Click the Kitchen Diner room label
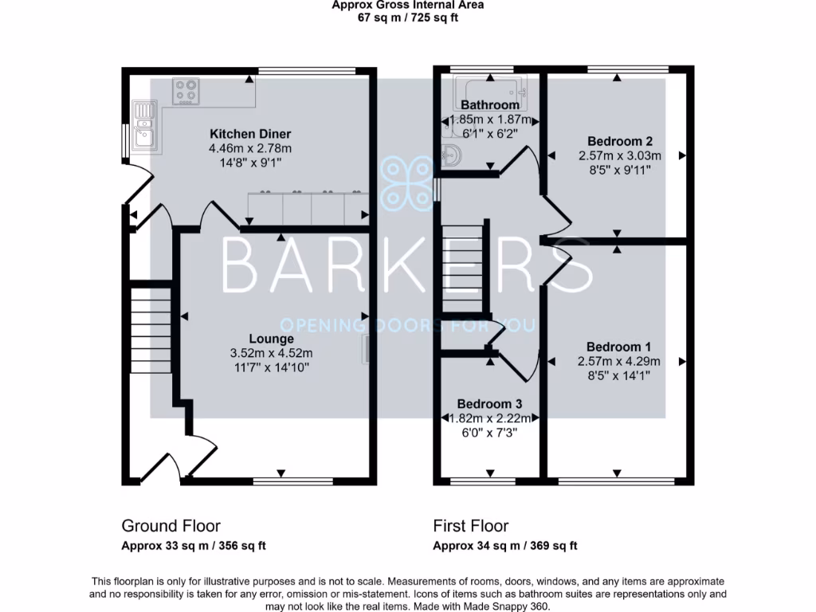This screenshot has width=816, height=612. coord(249,134)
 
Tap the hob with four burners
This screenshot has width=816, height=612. coord(188,91)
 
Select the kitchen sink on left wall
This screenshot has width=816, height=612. coord(146,127)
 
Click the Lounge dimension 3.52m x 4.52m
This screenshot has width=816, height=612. coord(271,353)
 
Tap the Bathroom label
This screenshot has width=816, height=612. coord(489,104)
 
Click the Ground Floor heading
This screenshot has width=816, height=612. coord(171,526)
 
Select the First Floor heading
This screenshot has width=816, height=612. coord(470,526)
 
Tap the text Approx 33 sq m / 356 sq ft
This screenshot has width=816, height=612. coord(193,546)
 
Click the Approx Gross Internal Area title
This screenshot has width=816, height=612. coord(407,5)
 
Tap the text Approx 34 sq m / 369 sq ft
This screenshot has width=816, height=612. coord(504,546)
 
